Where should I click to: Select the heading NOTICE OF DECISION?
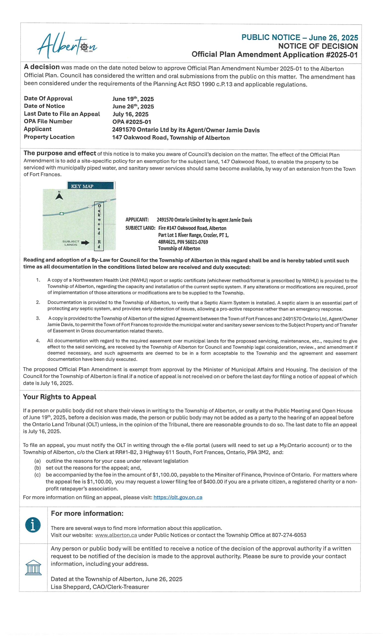coord(318,46)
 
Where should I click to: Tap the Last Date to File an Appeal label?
coord(62,114)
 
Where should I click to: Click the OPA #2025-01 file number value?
coord(132,122)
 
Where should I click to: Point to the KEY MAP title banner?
coord(90,186)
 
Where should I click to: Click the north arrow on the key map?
coord(59,196)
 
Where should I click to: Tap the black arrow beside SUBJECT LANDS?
coord(85,243)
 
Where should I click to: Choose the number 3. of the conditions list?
coord(38,318)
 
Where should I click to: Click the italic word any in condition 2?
coord(75,309)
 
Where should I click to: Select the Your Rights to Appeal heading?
coord(60,397)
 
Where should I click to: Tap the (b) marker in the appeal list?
coord(38,468)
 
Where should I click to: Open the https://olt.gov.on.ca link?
coord(178,497)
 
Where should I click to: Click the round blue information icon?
coord(33,525)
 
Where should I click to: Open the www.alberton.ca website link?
coord(116,535)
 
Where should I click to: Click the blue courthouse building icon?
coord(33,568)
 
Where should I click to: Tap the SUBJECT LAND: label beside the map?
coord(140,228)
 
